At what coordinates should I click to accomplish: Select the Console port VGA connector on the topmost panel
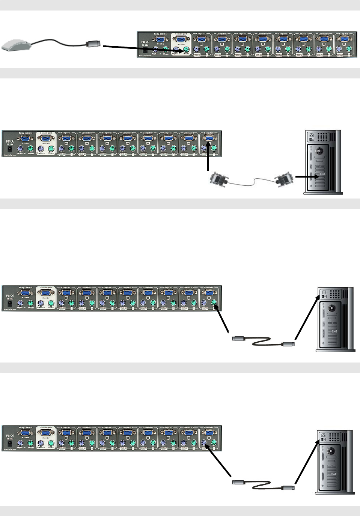(x=181, y=39)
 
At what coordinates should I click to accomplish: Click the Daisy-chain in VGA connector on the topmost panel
(x=160, y=39)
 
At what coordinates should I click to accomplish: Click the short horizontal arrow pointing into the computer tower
(x=306, y=176)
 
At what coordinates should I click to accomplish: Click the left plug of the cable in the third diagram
(x=239, y=338)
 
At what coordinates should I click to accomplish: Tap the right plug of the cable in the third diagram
(x=288, y=343)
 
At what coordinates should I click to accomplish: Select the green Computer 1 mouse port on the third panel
(x=214, y=303)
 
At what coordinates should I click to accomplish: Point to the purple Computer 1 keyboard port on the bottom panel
(x=204, y=442)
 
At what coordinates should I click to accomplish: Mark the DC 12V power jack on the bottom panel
(x=10, y=443)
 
